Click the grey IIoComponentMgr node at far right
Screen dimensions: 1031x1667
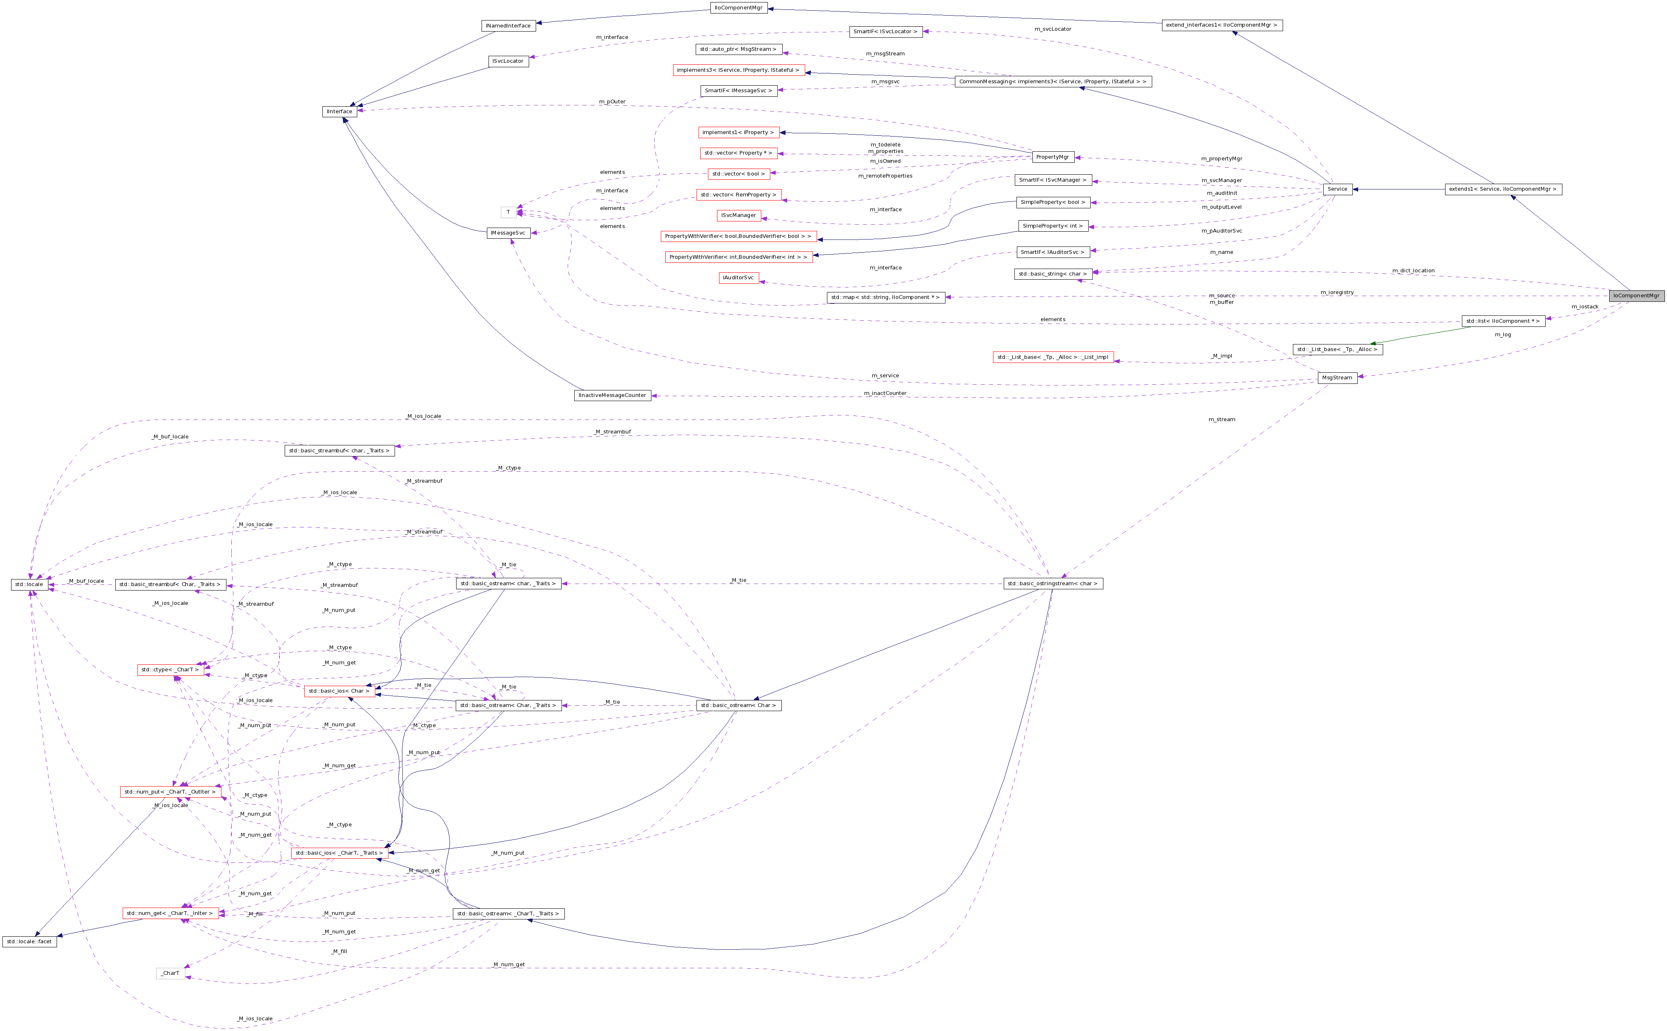pyautogui.click(x=1636, y=296)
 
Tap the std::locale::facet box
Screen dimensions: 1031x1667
pyautogui.click(x=29, y=942)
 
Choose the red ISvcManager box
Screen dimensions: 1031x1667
pyautogui.click(x=738, y=215)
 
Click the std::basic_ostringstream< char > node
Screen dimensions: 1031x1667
pyautogui.click(x=1052, y=584)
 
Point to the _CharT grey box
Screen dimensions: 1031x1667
pyautogui.click(x=171, y=973)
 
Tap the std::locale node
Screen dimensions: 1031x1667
pyautogui.click(x=29, y=584)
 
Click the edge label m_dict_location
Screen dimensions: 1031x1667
pyautogui.click(x=1413, y=271)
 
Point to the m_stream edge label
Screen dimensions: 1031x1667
pyautogui.click(x=1221, y=420)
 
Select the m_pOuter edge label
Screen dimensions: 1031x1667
pyautogui.click(x=612, y=102)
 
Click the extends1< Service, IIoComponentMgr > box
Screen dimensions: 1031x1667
pyautogui.click(x=1503, y=189)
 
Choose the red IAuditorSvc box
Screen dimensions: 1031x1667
pyautogui.click(x=738, y=278)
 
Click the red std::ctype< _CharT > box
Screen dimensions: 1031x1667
pyautogui.click(x=171, y=670)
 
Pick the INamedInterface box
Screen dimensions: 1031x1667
pyautogui.click(x=508, y=26)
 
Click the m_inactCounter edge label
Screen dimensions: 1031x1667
pyautogui.click(x=885, y=393)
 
